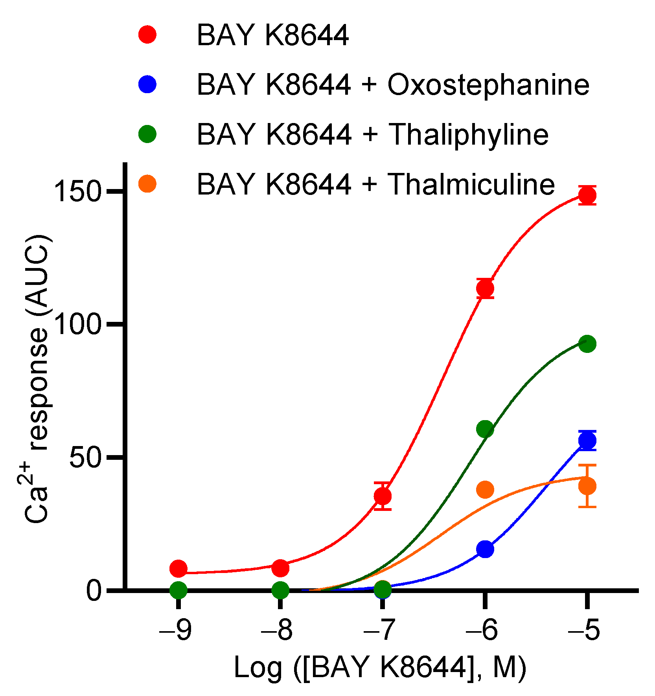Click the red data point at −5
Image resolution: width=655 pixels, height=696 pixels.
coord(587,195)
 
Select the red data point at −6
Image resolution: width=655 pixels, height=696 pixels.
coord(485,288)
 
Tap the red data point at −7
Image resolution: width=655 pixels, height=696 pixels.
coord(383,496)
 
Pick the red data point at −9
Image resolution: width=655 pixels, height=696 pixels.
coord(178,568)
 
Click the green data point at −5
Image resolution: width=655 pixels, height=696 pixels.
coord(587,344)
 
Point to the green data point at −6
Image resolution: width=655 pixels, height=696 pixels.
coord(485,429)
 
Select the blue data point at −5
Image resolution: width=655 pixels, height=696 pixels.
coord(587,441)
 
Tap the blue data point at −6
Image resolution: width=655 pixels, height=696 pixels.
coord(485,549)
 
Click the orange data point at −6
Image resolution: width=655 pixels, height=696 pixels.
coord(485,489)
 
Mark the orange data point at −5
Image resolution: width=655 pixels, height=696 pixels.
coord(587,486)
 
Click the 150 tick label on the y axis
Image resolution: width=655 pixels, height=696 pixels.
coord(77,192)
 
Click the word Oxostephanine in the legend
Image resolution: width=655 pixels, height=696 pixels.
coord(488,85)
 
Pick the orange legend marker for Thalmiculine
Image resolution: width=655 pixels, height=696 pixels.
coord(147,184)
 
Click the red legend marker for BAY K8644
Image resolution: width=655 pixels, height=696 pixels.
coord(147,35)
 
